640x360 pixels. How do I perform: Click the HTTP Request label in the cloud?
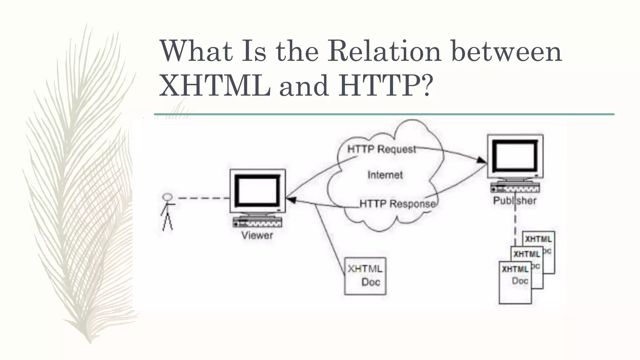[x=382, y=149]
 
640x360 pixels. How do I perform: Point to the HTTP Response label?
[x=397, y=204]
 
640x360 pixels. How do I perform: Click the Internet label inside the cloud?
[x=385, y=175]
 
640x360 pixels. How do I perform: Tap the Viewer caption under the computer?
[x=257, y=235]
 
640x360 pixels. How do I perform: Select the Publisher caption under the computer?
[x=515, y=201]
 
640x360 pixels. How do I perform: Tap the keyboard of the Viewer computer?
[x=257, y=222]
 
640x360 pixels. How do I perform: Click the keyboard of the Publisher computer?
[x=515, y=188]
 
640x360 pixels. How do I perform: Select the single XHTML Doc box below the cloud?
[x=365, y=276]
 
